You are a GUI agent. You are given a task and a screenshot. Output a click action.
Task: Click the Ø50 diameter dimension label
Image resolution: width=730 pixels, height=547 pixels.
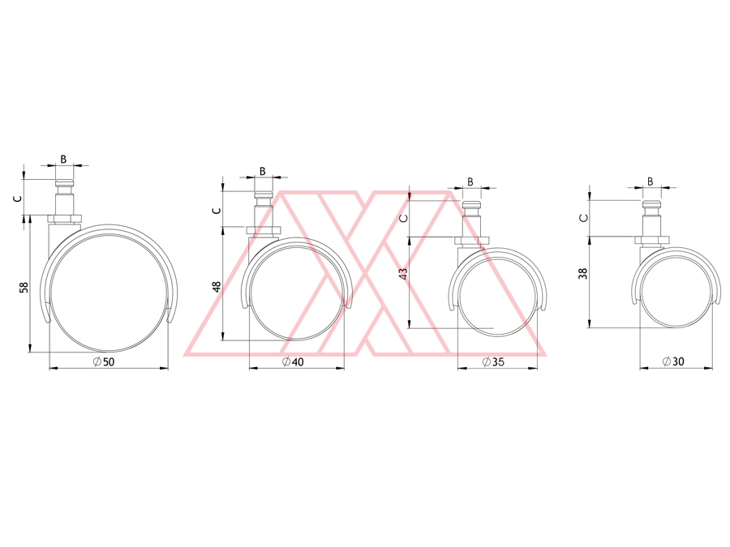click(103, 361)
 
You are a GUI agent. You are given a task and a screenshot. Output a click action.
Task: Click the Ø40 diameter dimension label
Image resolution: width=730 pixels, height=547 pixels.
click(293, 361)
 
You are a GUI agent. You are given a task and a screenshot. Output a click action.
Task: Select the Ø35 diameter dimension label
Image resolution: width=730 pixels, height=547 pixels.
click(493, 361)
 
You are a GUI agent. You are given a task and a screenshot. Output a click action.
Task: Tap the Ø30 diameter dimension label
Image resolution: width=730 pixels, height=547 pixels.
click(673, 361)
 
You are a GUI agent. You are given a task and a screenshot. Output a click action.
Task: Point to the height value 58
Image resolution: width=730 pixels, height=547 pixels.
click(24, 288)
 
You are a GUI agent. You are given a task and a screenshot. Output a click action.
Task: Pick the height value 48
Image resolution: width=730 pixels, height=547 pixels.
click(217, 287)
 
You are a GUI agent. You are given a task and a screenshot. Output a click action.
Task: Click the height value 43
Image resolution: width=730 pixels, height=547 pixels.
click(403, 274)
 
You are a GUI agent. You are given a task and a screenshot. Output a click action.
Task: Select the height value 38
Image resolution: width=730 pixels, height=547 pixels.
click(583, 273)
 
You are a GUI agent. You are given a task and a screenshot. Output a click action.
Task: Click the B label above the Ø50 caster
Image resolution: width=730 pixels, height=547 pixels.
click(63, 159)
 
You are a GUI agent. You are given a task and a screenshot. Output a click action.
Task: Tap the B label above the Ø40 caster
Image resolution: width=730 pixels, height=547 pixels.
click(263, 171)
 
